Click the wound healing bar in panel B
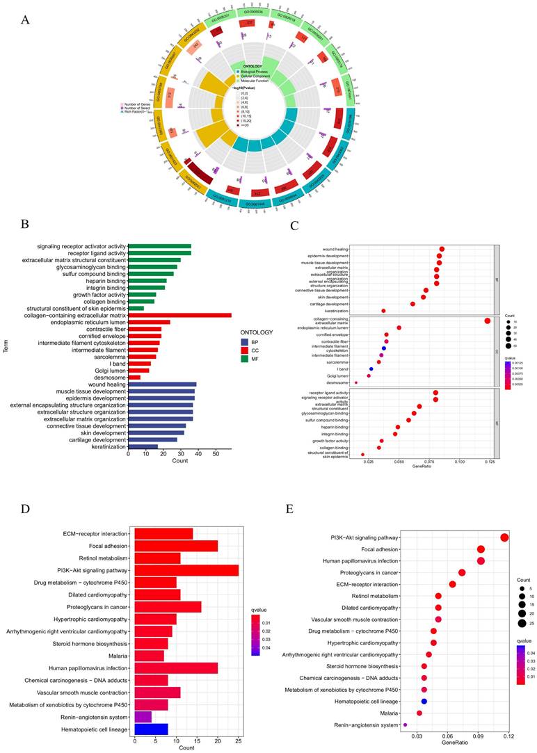[x=162, y=384]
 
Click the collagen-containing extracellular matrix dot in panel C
[x=488, y=321]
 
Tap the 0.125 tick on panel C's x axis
[x=488, y=460]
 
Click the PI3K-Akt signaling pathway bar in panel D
[x=186, y=570]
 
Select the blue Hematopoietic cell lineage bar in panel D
[x=151, y=728]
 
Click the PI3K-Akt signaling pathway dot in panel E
[x=504, y=537]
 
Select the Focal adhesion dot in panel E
[x=481, y=549]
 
